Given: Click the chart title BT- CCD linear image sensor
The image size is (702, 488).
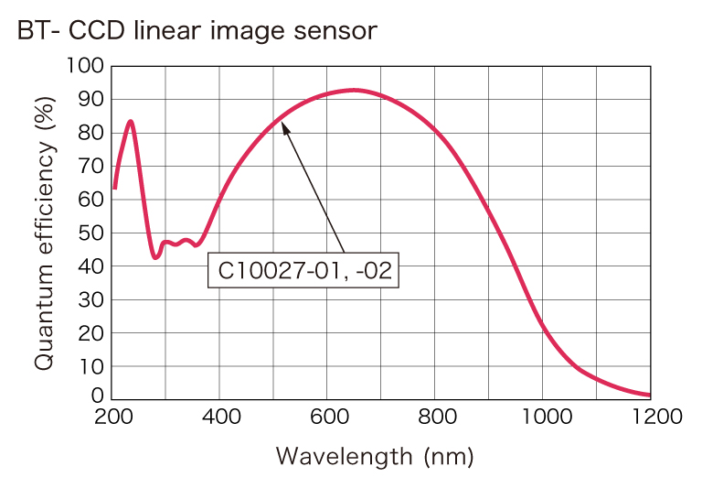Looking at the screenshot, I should coord(197,31).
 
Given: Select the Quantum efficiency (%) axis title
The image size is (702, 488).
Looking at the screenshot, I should coord(46,230).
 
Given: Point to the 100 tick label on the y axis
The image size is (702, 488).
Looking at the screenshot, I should coord(86,66).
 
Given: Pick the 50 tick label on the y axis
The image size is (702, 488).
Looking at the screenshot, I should coord(91,233).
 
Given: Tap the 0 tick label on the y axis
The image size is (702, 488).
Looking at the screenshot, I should coord(97,396).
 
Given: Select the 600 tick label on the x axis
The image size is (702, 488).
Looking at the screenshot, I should coord(327,418).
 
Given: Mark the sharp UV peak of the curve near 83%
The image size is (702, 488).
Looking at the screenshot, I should coord(131,121).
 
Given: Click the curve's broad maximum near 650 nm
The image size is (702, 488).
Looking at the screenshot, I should coord(354,90).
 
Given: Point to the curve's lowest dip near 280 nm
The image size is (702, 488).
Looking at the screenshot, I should coord(156,257).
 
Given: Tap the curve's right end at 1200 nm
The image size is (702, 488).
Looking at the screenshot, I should coord(649,396).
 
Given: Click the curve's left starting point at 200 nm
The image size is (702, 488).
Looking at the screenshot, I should coord(114,189).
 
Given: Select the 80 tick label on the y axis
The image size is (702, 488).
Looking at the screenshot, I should coord(91,133).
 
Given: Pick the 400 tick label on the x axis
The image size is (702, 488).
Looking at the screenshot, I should coord(219,418).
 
